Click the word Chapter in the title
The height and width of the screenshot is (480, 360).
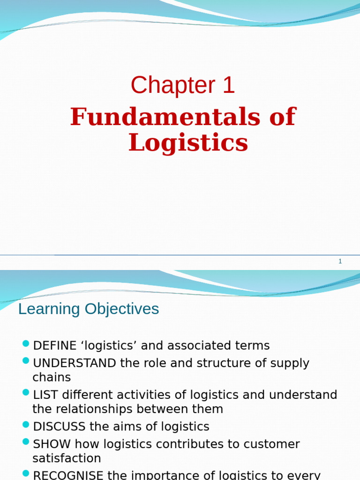point(166,86)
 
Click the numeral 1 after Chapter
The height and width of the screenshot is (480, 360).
point(228,86)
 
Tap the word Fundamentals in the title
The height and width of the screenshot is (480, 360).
point(165,117)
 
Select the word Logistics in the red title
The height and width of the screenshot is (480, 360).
point(188,143)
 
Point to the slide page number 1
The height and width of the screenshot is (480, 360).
point(340,262)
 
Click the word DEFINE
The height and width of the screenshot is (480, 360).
point(55,346)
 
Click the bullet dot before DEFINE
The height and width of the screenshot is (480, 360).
point(26,344)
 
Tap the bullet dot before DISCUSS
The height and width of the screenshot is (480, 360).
point(26,425)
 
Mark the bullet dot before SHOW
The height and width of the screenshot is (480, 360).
point(26,442)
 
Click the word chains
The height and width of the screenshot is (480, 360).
point(52,377)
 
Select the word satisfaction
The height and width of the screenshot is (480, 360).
point(67,458)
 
